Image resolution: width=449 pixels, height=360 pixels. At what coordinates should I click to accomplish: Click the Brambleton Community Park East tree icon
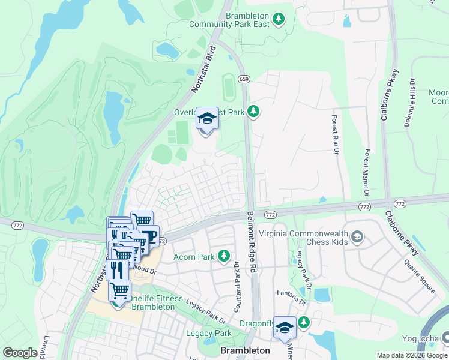278,19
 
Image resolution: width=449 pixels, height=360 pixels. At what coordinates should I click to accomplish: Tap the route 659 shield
244,79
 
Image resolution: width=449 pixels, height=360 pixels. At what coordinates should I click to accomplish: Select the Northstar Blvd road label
202,70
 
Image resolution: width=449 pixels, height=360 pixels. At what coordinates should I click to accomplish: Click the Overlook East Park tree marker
254,111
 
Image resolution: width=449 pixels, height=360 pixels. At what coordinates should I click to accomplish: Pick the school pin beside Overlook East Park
207,118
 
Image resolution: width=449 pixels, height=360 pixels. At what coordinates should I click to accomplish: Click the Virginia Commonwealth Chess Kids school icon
358,236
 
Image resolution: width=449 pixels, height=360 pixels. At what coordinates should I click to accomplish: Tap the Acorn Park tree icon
224,257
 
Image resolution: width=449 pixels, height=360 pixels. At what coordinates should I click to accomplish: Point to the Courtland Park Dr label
237,283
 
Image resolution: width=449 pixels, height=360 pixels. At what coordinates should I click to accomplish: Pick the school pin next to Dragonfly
285,327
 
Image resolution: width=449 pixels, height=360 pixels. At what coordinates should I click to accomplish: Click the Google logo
20,353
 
